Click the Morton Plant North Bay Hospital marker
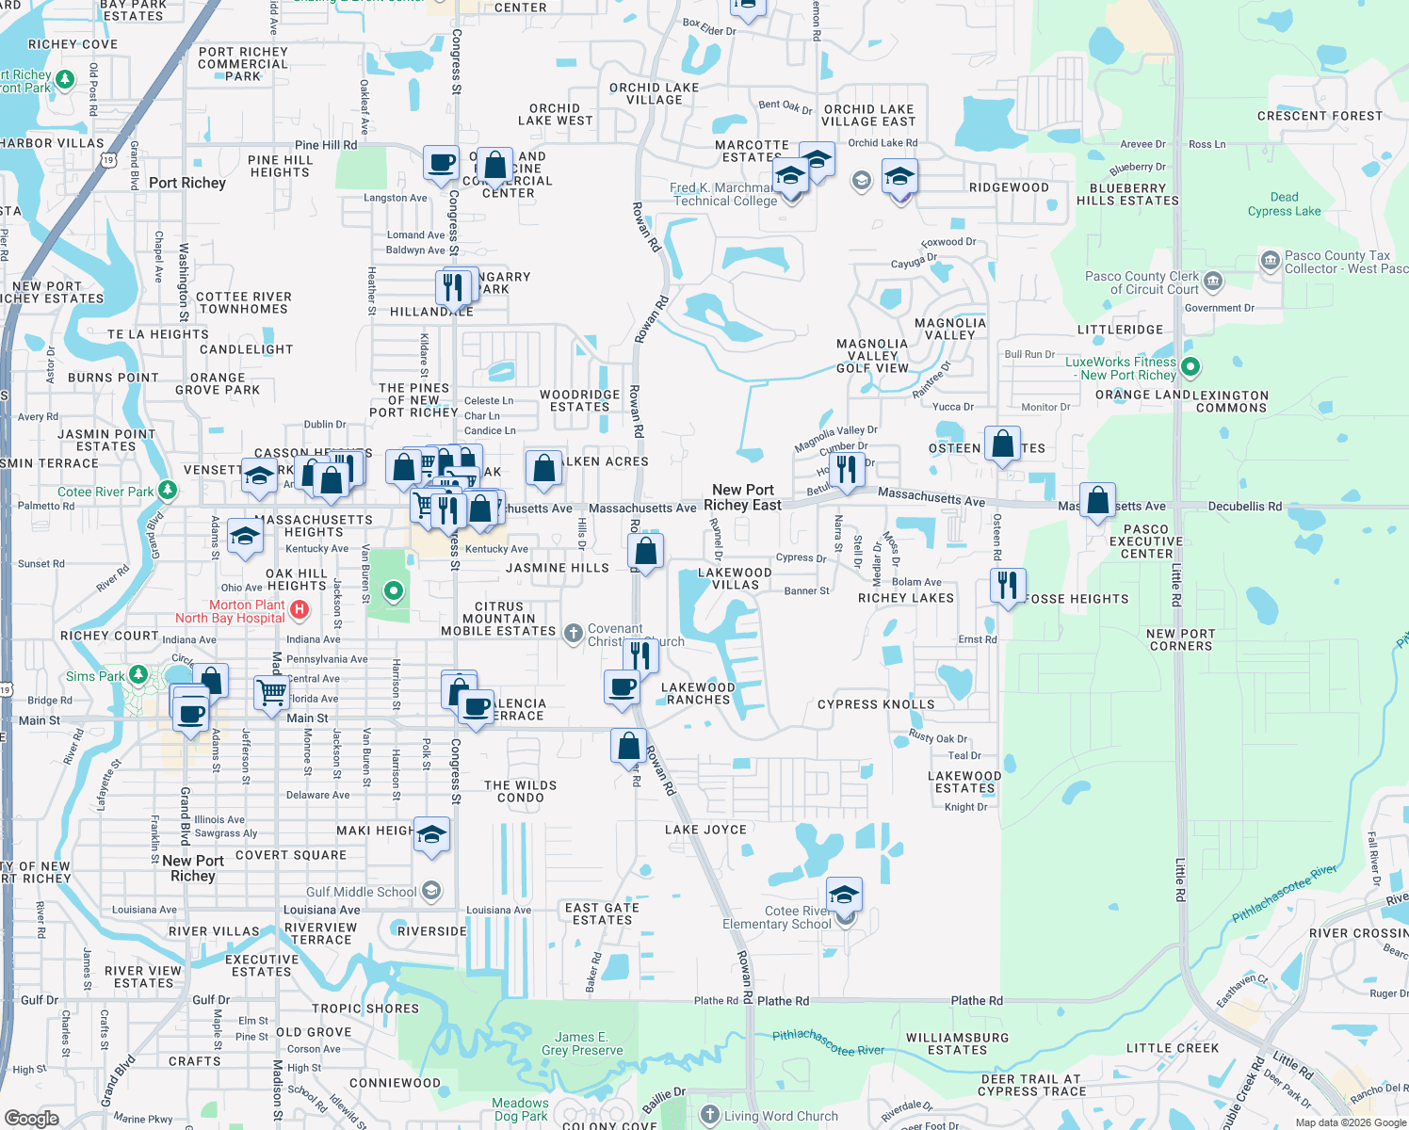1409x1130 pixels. (x=300, y=610)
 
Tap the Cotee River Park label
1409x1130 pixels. (x=105, y=492)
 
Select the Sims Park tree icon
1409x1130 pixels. (x=138, y=675)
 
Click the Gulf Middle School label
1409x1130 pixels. (x=361, y=892)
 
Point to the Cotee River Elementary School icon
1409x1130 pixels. (x=844, y=895)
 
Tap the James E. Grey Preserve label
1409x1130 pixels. (x=582, y=1043)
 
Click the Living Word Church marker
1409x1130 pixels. (x=710, y=1116)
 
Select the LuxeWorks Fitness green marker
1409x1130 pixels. (x=1190, y=367)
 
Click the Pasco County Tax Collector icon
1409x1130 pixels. (x=1270, y=259)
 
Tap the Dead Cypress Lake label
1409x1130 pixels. (x=1284, y=203)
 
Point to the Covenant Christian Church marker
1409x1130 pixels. (x=573, y=634)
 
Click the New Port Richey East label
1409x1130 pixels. (x=742, y=497)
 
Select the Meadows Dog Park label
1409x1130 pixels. (x=520, y=1109)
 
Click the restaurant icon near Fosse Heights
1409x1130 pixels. (x=1008, y=585)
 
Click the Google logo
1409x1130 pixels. (x=32, y=1118)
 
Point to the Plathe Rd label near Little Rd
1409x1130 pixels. (x=976, y=1001)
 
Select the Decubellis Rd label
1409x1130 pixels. (x=1244, y=507)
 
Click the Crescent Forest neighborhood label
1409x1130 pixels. (x=1320, y=117)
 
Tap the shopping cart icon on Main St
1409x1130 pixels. (x=271, y=692)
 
